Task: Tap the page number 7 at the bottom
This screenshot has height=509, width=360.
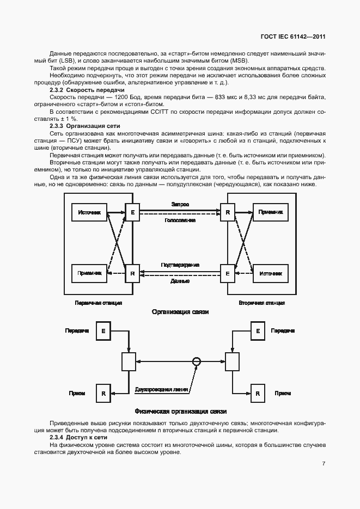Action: pyautogui.click(x=324, y=464)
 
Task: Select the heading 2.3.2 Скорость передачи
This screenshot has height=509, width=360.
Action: pyautogui.click(x=87, y=89)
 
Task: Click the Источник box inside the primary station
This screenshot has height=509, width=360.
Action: pyautogui.click(x=90, y=212)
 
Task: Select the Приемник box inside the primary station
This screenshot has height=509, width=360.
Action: pyautogui.click(x=90, y=273)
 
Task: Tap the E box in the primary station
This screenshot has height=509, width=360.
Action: pyautogui.click(x=132, y=212)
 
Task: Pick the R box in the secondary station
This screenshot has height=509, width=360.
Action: pyautogui.click(x=228, y=212)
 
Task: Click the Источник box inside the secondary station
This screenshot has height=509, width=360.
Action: pyautogui.click(x=270, y=273)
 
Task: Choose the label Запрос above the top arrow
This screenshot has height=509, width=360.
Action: pyautogui.click(x=180, y=204)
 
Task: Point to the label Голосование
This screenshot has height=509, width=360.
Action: pyautogui.click(x=180, y=220)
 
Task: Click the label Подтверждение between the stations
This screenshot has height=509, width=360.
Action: pyautogui.click(x=180, y=265)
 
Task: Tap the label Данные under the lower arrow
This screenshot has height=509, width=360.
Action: pyautogui.click(x=180, y=281)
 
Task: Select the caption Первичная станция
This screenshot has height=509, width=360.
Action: pyautogui.click(x=99, y=302)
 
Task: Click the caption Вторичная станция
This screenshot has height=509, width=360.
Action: pyautogui.click(x=262, y=302)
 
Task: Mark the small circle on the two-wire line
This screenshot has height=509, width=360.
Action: pyautogui.click(x=197, y=361)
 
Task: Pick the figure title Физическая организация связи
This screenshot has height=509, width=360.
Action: pyautogui.click(x=180, y=411)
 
